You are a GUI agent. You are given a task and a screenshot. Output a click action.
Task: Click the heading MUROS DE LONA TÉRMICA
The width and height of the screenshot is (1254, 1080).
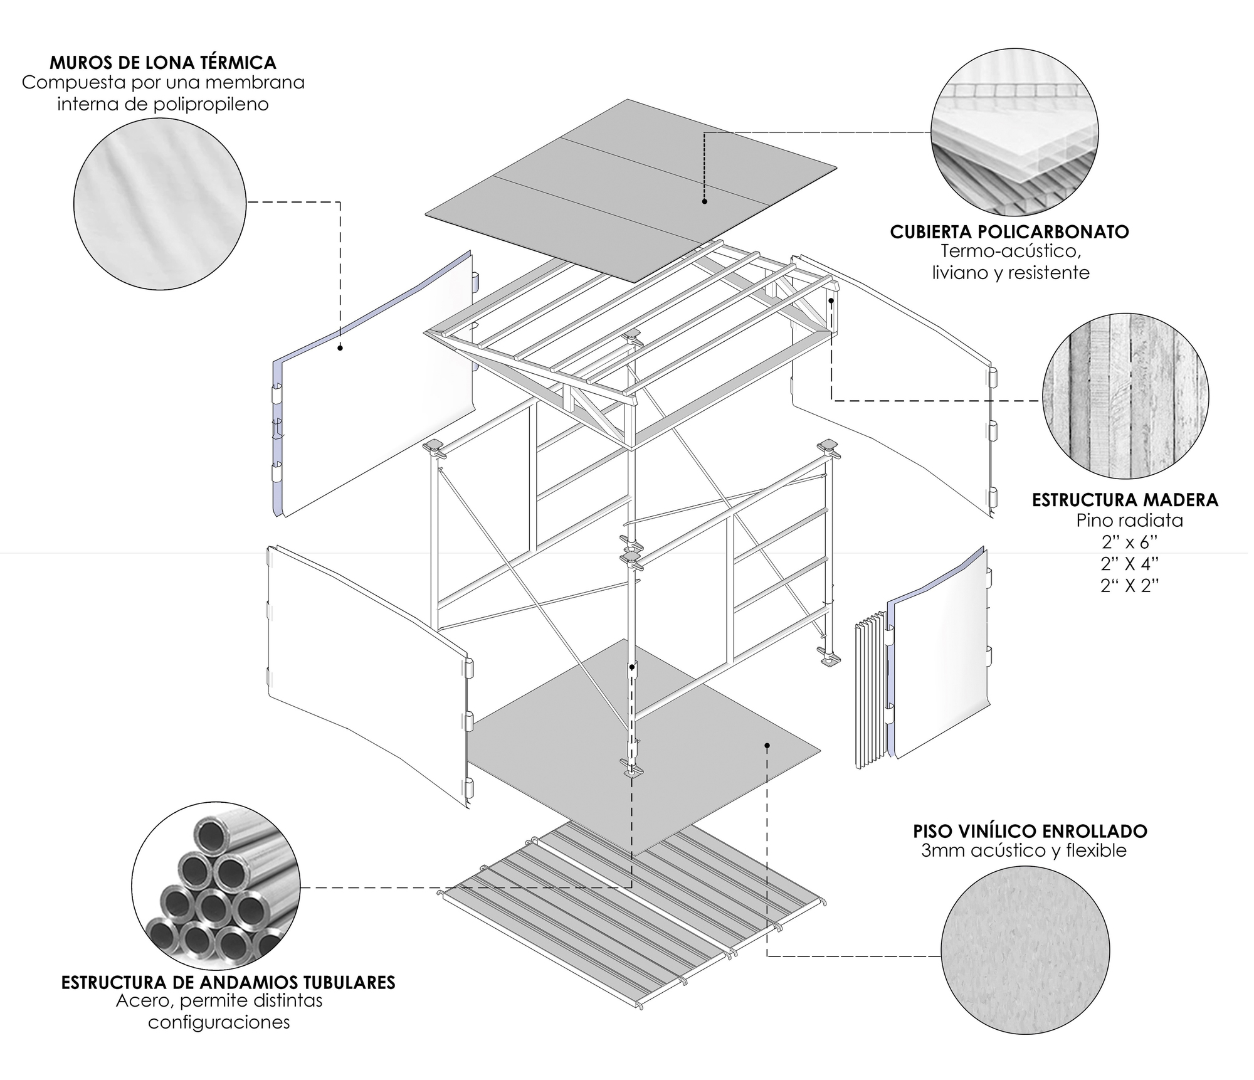point(162,63)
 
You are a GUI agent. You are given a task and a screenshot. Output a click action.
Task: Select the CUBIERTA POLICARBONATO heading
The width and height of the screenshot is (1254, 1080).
point(1009,232)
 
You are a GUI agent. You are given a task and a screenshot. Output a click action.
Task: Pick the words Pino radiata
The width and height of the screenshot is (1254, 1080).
point(1129,521)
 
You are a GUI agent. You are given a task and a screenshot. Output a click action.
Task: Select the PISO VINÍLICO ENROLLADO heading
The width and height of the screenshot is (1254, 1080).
point(1030,832)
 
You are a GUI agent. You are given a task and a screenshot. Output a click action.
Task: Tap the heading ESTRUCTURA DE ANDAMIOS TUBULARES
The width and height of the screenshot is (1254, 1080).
point(228,983)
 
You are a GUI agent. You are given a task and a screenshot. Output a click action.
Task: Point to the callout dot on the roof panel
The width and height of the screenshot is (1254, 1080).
point(705,202)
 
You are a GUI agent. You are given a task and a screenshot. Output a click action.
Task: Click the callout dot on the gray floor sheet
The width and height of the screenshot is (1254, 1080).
point(767,745)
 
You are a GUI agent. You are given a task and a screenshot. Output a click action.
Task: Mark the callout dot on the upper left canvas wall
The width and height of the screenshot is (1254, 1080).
point(340,347)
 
